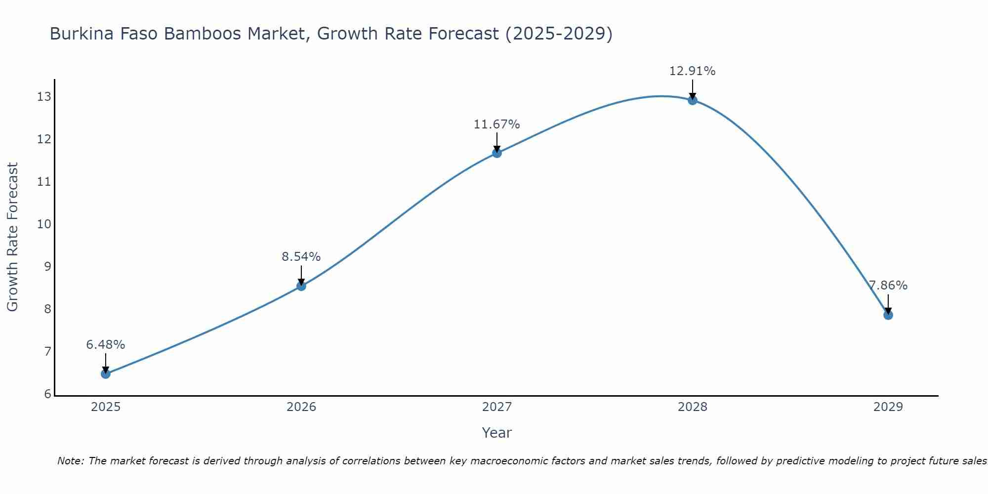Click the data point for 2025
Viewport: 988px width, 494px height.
(106, 374)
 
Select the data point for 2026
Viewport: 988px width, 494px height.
(301, 286)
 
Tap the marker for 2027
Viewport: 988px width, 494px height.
(497, 153)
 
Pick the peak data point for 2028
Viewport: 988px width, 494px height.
(693, 100)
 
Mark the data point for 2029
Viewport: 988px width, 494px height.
(888, 315)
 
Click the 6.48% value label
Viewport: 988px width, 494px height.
(106, 345)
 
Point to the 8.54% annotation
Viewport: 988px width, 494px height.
(301, 257)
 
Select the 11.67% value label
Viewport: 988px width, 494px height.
(497, 124)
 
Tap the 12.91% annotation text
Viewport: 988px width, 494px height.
(693, 71)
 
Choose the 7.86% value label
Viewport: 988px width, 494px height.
(888, 286)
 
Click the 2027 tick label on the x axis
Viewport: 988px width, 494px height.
(497, 407)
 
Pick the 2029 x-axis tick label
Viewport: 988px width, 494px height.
(888, 407)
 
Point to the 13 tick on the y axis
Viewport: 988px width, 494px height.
(44, 97)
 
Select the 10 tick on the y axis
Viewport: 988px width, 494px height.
(44, 224)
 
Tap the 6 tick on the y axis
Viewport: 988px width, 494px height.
(47, 394)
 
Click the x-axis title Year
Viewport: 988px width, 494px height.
(497, 433)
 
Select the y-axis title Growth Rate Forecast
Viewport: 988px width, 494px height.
(13, 237)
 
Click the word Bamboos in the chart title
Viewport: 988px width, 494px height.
(276, 34)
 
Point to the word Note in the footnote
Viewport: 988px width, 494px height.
(70, 461)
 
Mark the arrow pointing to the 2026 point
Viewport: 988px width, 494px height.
(301, 275)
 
